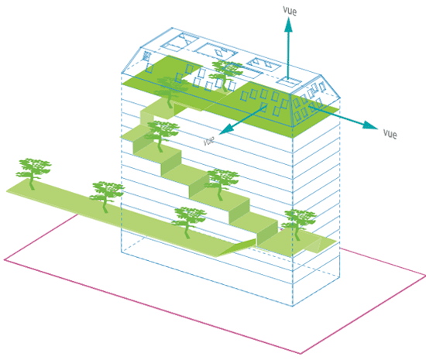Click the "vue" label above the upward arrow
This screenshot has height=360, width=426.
click(290, 11)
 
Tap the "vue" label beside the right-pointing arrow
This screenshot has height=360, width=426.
click(390, 134)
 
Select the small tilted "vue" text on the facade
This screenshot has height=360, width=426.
click(209, 141)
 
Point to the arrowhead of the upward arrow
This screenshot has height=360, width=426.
click(289, 25)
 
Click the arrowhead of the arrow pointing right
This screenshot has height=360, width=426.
click(370, 125)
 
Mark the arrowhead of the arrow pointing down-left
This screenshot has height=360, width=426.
click(225, 129)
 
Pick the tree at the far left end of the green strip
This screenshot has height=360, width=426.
click(33, 173)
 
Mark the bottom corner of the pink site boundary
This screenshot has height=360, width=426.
click(301, 354)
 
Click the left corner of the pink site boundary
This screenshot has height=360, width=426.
click(5, 260)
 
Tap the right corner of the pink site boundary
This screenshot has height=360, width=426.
click(424, 276)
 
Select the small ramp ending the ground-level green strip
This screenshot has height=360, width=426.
click(236, 248)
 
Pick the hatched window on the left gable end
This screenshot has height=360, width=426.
click(146, 57)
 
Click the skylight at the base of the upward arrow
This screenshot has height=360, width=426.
click(289, 82)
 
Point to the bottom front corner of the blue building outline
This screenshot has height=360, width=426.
click(293, 307)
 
